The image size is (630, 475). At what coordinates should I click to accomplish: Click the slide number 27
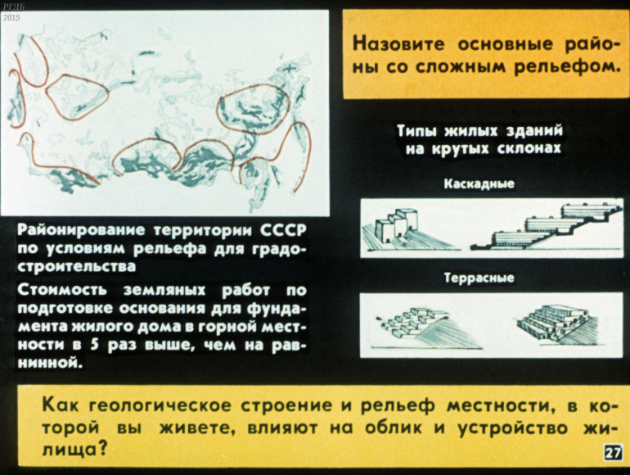[613, 453]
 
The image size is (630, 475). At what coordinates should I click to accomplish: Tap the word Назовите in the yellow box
[398, 44]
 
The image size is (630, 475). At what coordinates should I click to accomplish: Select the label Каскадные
[479, 183]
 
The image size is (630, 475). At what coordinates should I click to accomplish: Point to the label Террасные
[479, 278]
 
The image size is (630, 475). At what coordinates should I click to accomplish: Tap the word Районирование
[81, 230]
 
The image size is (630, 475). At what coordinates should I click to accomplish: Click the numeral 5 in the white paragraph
[94, 345]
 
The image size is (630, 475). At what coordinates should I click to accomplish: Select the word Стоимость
[62, 290]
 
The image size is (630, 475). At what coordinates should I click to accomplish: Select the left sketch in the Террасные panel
[426, 328]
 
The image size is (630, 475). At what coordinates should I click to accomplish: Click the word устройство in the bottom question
[513, 428]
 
